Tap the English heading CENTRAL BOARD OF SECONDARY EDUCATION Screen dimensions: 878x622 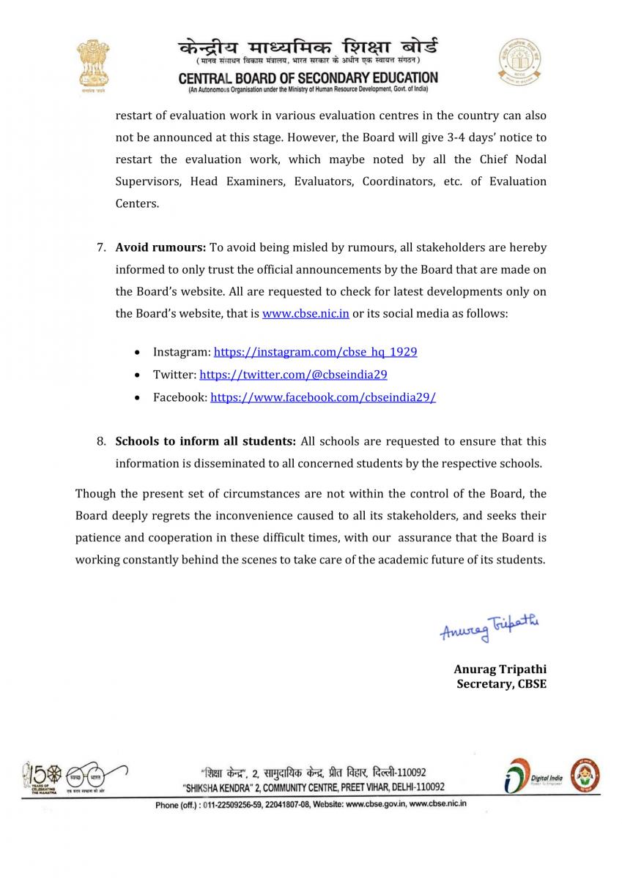308,78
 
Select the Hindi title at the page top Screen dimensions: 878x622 308,48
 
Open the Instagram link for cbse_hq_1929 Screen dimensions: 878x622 315,352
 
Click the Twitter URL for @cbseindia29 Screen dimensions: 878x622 293,374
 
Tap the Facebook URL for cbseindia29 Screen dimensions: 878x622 323,397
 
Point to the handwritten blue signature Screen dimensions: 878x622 489,628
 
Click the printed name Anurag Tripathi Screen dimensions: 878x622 500,669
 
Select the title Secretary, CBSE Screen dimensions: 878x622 501,684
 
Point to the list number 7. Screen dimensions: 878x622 102,247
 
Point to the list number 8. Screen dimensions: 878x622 102,441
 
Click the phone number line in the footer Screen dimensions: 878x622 311,804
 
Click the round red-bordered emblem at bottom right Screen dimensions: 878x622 585,775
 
